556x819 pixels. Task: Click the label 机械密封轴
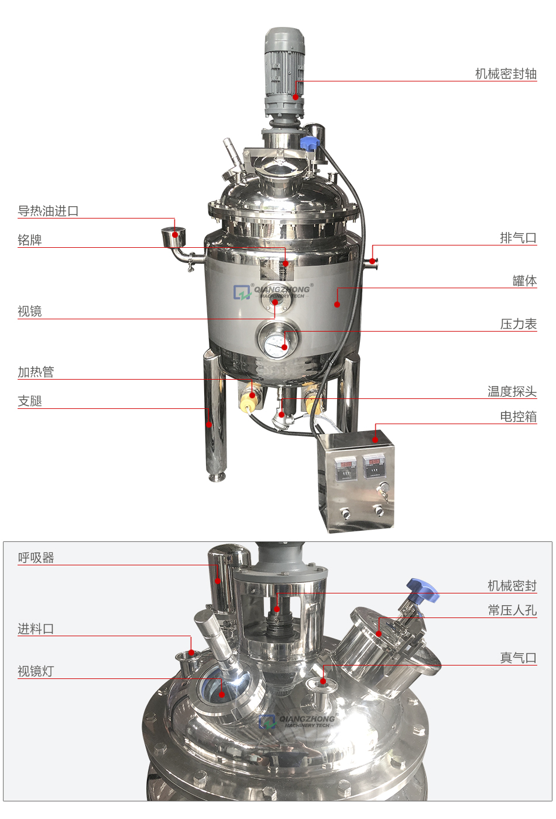[x=506, y=74]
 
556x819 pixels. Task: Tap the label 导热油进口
[x=48, y=211]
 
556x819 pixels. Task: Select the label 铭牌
[x=30, y=240]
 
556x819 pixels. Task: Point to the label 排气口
[x=518, y=238]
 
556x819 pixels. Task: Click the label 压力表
[x=518, y=324]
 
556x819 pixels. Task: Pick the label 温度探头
[x=512, y=391]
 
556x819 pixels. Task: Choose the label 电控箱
[x=518, y=417]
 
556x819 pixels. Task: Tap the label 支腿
[x=30, y=401]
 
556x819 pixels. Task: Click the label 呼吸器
[x=36, y=558]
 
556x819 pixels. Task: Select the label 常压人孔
[x=512, y=610]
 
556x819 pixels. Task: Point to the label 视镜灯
[x=36, y=671]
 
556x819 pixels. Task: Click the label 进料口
[x=36, y=629]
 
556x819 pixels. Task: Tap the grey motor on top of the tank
[x=284, y=70]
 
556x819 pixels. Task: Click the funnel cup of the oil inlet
[x=173, y=237]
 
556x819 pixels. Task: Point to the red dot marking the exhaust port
[x=372, y=261]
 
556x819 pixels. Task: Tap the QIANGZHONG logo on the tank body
[x=273, y=291]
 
